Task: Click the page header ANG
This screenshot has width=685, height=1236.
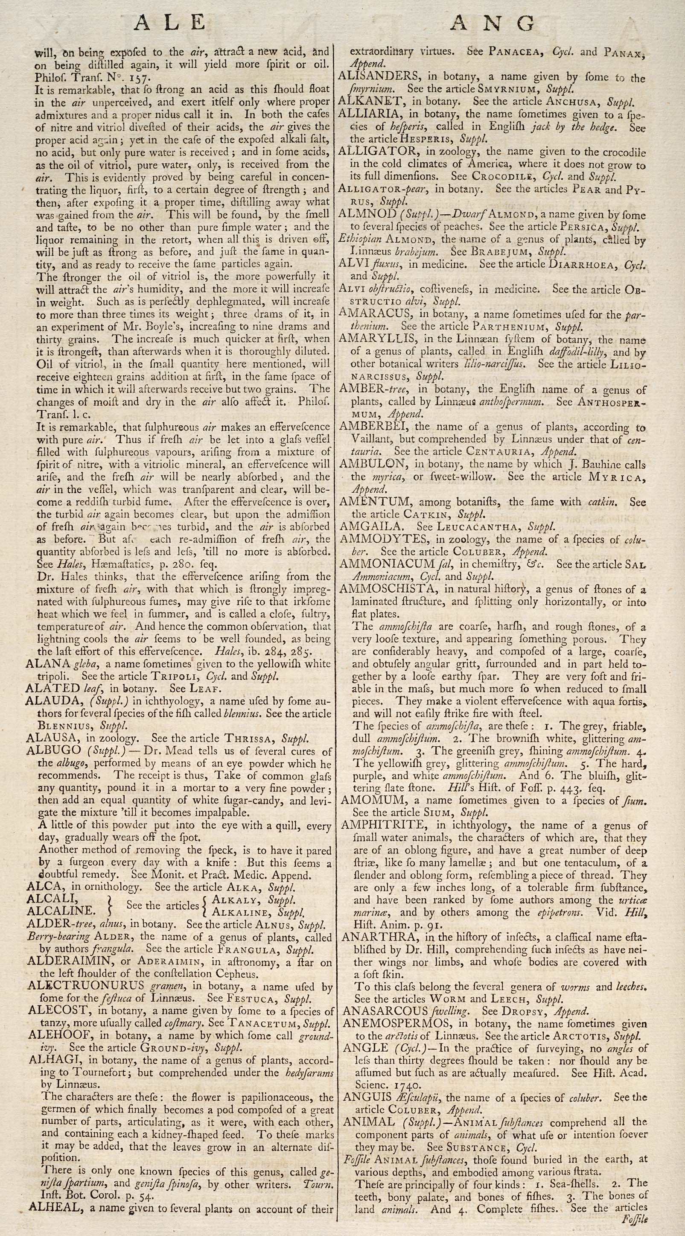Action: (494, 23)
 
